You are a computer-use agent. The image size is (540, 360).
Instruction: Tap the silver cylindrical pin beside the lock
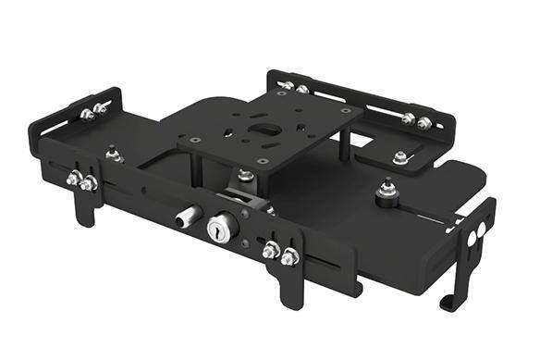click(187, 217)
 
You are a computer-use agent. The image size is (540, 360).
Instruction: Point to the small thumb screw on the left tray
click(113, 152)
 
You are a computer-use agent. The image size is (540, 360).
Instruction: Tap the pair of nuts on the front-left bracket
click(80, 181)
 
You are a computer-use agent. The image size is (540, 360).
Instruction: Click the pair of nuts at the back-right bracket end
click(415, 120)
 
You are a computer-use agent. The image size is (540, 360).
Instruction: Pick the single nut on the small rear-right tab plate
click(399, 158)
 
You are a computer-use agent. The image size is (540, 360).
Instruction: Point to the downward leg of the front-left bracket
click(84, 211)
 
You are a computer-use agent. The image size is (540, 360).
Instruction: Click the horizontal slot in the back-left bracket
click(55, 124)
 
